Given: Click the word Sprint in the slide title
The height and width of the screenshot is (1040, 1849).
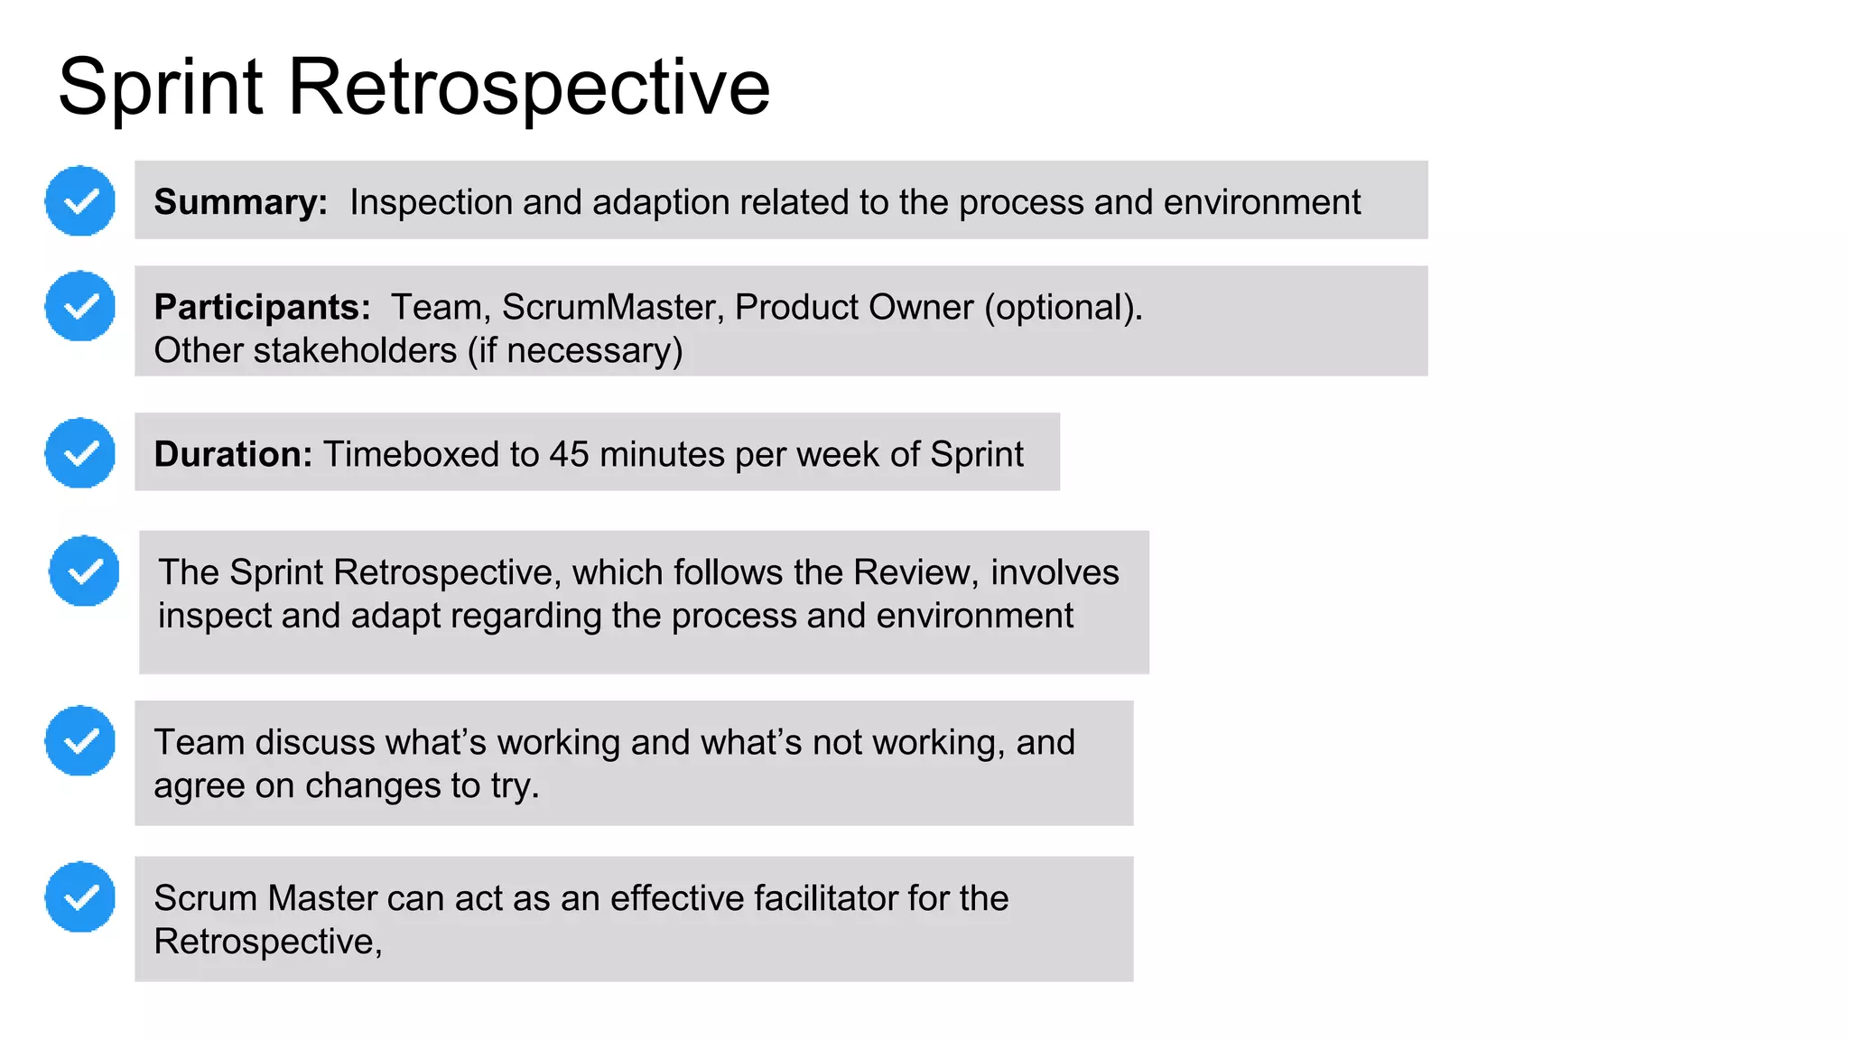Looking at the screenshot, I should point(161,88).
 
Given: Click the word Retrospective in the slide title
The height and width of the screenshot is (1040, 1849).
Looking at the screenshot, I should point(528,88).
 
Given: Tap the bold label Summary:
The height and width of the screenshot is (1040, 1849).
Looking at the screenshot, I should point(240,202).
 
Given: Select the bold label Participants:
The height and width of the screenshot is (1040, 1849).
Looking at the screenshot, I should point(262,308).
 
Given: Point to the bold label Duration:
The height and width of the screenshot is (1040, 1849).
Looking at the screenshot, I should point(233,454).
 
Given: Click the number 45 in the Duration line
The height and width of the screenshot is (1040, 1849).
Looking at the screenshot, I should point(569,454).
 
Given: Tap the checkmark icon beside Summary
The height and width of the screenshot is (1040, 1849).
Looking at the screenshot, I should point(80,200).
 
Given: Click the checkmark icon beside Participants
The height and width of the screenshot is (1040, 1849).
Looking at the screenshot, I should point(80,306).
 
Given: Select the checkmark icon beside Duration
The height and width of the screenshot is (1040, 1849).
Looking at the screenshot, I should point(80,452).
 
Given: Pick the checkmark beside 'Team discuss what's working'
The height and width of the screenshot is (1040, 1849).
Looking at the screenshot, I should point(80,740).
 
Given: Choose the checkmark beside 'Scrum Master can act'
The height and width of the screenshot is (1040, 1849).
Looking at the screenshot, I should point(80,896).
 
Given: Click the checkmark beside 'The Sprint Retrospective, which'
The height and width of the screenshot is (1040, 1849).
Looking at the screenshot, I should point(84,571).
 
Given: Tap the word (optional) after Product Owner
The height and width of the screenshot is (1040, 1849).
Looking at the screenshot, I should point(1063,308).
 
